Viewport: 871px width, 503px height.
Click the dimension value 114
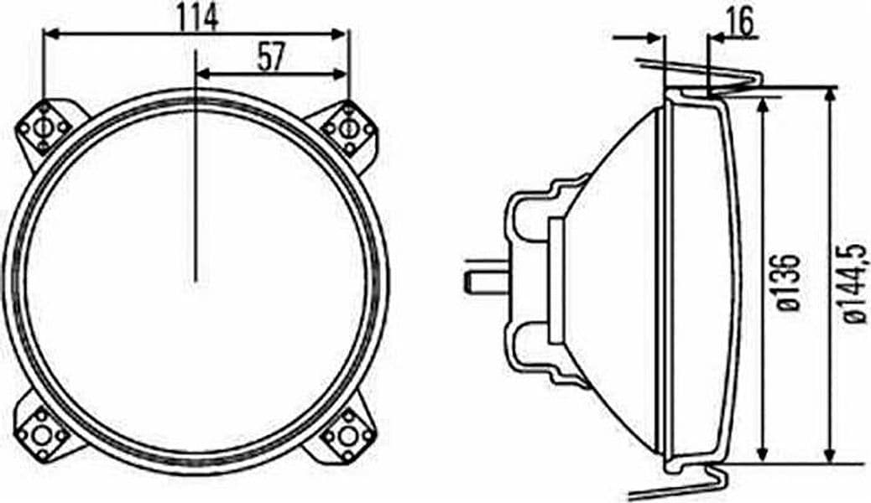199,17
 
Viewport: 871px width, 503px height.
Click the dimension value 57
271,57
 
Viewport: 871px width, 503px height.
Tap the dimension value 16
741,22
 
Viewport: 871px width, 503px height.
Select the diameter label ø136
788,283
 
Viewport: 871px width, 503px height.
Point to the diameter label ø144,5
854,283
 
